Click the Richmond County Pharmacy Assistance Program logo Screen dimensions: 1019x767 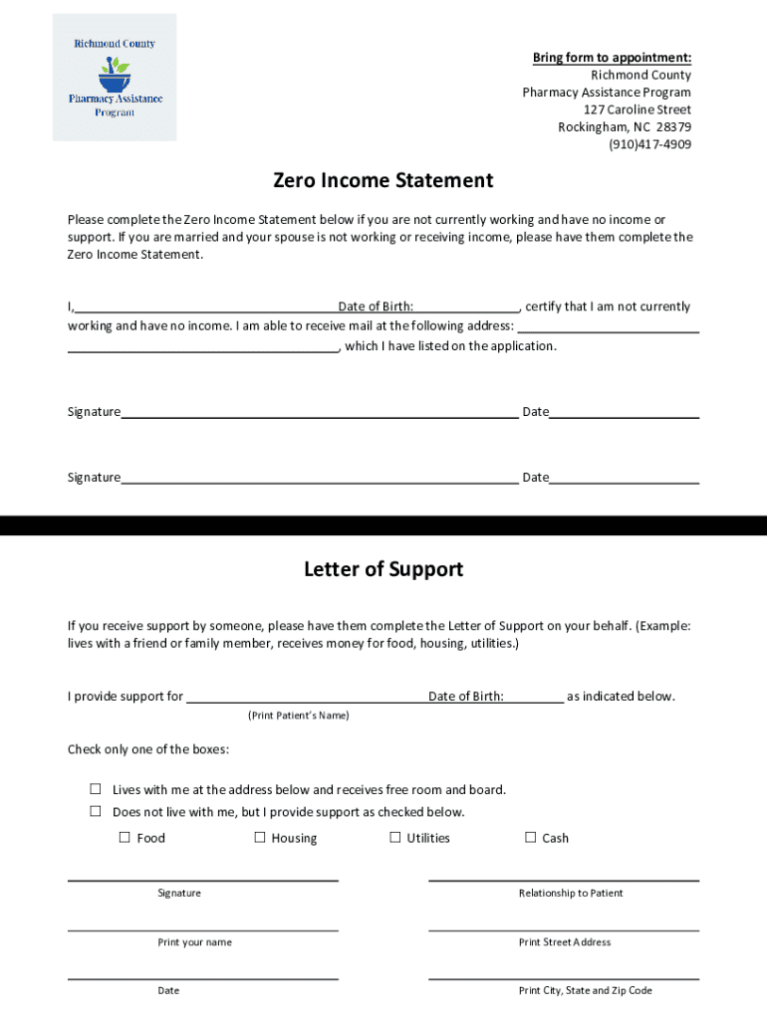tap(115, 77)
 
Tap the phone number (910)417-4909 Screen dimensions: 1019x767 tap(649, 144)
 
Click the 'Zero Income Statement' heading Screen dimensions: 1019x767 tap(383, 180)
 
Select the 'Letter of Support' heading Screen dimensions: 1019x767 tap(383, 569)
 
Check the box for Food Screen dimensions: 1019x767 tap(125, 837)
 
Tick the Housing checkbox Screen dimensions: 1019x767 tap(260, 837)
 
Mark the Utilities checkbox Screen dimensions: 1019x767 tap(394, 837)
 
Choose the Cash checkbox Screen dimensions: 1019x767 tap(530, 837)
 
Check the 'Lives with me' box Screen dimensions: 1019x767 tap(97, 788)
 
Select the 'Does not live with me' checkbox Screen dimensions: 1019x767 tap(97, 811)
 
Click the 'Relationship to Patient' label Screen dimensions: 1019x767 tap(571, 893)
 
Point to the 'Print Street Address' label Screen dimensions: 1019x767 tap(565, 941)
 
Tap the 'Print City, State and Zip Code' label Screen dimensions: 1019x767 tap(585, 990)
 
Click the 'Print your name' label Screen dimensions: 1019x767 tap(194, 941)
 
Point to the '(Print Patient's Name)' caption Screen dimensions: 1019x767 tap(298, 715)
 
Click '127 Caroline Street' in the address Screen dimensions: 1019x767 tap(638, 109)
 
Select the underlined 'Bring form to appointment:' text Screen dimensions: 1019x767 tap(612, 58)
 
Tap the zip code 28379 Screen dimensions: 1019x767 tap(673, 127)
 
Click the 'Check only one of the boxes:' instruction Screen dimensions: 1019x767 tap(147, 748)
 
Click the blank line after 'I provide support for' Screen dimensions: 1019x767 tap(307, 697)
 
